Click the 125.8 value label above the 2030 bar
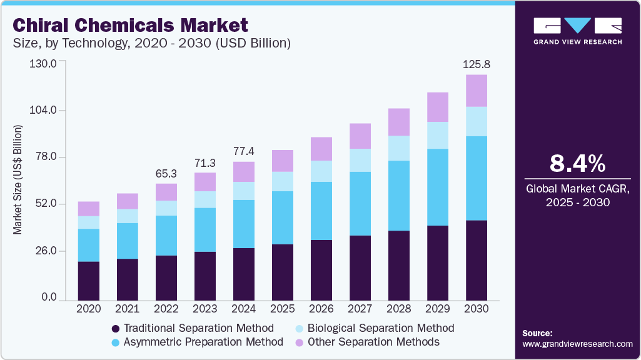click(x=476, y=64)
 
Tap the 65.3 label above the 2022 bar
click(x=166, y=173)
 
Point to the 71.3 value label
click(x=204, y=162)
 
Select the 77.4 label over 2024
click(x=243, y=151)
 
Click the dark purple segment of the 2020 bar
click(x=88, y=281)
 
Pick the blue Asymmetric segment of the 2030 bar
click(x=476, y=178)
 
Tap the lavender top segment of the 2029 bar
click(x=437, y=107)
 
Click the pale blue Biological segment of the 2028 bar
click(x=398, y=148)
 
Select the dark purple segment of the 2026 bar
click(x=321, y=270)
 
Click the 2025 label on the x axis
click(x=282, y=309)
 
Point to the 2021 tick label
click(x=127, y=309)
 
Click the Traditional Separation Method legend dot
click(x=115, y=329)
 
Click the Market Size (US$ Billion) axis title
click(x=18, y=180)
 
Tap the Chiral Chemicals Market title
click(x=130, y=26)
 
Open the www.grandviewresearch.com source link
click(x=577, y=344)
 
